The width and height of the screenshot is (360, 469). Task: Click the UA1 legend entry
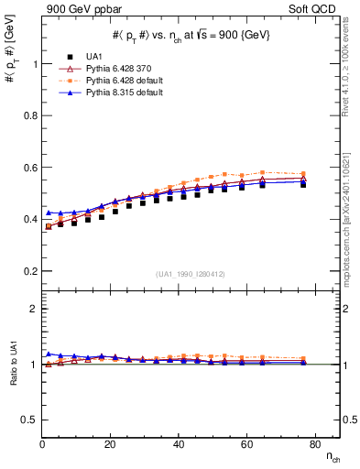pyautogui.click(x=94, y=57)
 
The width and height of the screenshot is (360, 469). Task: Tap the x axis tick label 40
pyautogui.click(x=178, y=444)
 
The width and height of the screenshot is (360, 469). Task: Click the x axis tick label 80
pyautogui.click(x=313, y=444)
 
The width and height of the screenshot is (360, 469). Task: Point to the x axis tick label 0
pyautogui.click(x=42, y=444)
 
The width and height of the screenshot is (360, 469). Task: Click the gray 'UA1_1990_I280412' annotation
pyautogui.click(x=191, y=274)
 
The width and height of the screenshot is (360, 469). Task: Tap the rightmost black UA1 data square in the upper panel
pyautogui.click(x=303, y=184)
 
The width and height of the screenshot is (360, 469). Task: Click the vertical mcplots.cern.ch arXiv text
pyautogui.click(x=352, y=183)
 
